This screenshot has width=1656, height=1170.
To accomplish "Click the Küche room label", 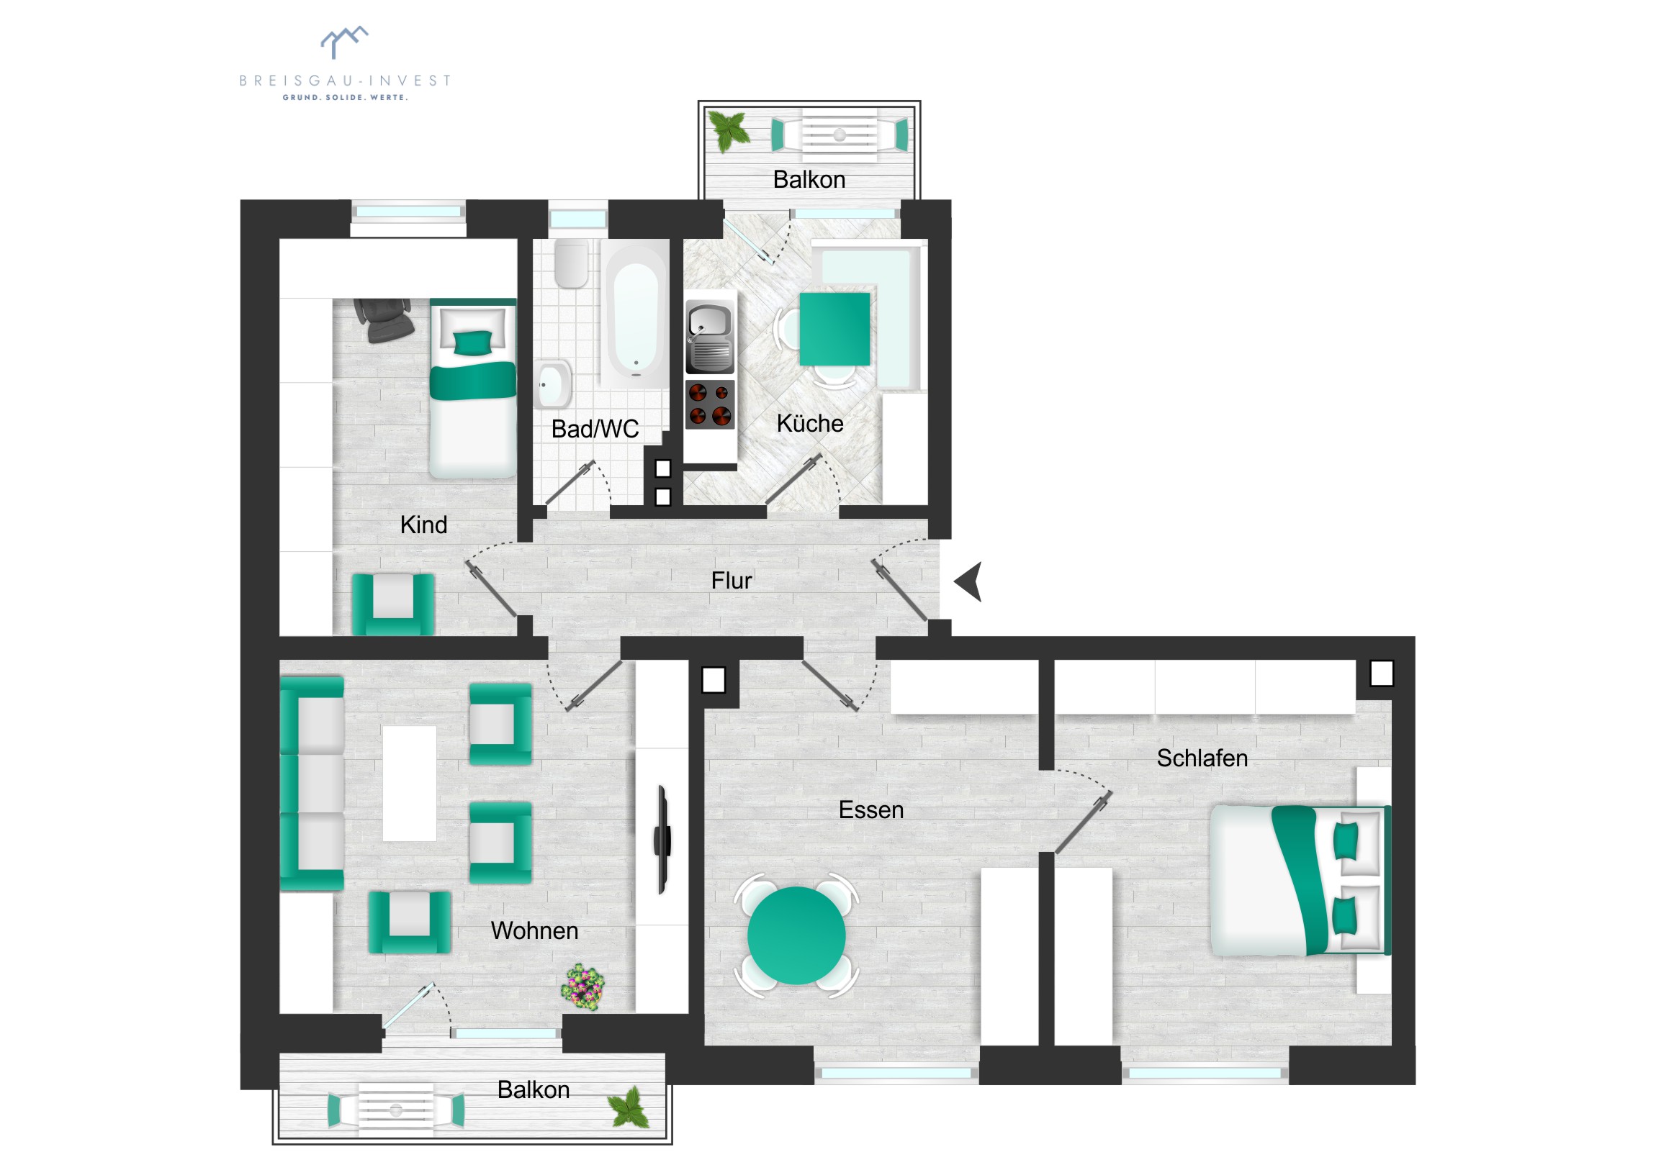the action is pyautogui.click(x=810, y=423).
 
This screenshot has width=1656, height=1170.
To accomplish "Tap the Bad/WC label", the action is pyautogui.click(x=595, y=429).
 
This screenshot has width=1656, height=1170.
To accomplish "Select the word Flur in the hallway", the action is pyautogui.click(x=732, y=580).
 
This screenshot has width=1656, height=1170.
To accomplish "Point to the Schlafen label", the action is pyautogui.click(x=1202, y=758).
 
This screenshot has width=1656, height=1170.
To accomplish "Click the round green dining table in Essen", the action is pyautogui.click(x=796, y=935).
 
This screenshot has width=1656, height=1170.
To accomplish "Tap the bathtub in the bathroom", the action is pyautogui.click(x=636, y=314).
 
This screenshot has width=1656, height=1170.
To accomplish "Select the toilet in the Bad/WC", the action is pyautogui.click(x=571, y=263).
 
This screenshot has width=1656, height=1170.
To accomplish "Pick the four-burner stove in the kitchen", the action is pyautogui.click(x=710, y=404).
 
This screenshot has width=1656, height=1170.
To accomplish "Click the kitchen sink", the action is pyautogui.click(x=710, y=337).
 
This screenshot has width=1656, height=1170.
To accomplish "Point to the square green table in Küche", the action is pyautogui.click(x=834, y=329).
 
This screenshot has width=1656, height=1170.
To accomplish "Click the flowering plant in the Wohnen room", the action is pyautogui.click(x=582, y=987).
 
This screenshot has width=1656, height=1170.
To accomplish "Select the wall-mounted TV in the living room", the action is pyautogui.click(x=662, y=840).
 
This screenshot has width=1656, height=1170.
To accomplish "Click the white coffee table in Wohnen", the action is pyautogui.click(x=409, y=784).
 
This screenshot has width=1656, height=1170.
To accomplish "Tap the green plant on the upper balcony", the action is pyautogui.click(x=729, y=131).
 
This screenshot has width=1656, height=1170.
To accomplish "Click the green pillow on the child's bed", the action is pyautogui.click(x=472, y=343).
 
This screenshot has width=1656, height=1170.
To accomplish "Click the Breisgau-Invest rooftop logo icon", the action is pyautogui.click(x=344, y=42).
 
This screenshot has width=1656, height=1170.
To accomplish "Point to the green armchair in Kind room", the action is pyautogui.click(x=393, y=604).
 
